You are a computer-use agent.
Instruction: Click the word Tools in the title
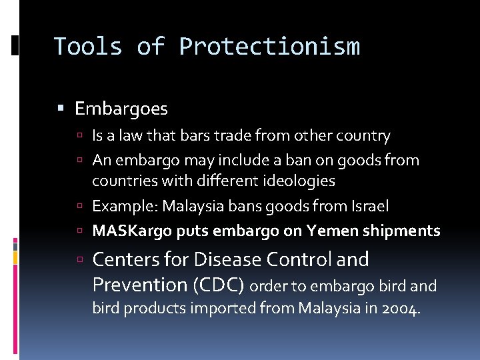click(x=87, y=47)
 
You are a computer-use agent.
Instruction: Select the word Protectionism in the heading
click(x=269, y=47)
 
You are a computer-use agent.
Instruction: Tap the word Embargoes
click(x=121, y=108)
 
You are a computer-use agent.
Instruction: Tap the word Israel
click(x=370, y=206)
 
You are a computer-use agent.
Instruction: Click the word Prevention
click(x=139, y=285)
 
